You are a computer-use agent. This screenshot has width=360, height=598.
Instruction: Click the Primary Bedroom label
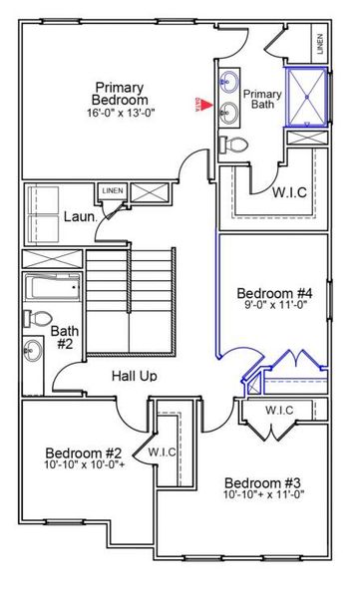121,93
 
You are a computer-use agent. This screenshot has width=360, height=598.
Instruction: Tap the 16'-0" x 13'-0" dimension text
121,113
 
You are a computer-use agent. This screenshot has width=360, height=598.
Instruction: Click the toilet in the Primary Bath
230,145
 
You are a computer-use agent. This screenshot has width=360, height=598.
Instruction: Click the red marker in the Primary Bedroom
198,103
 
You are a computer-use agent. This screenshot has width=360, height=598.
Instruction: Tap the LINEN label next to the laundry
110,189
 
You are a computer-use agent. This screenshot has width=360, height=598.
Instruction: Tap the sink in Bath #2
35,350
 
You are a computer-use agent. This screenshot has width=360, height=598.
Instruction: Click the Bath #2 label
65,338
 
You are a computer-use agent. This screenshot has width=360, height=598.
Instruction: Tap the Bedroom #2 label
85,451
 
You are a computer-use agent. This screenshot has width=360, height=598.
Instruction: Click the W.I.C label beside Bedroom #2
162,452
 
